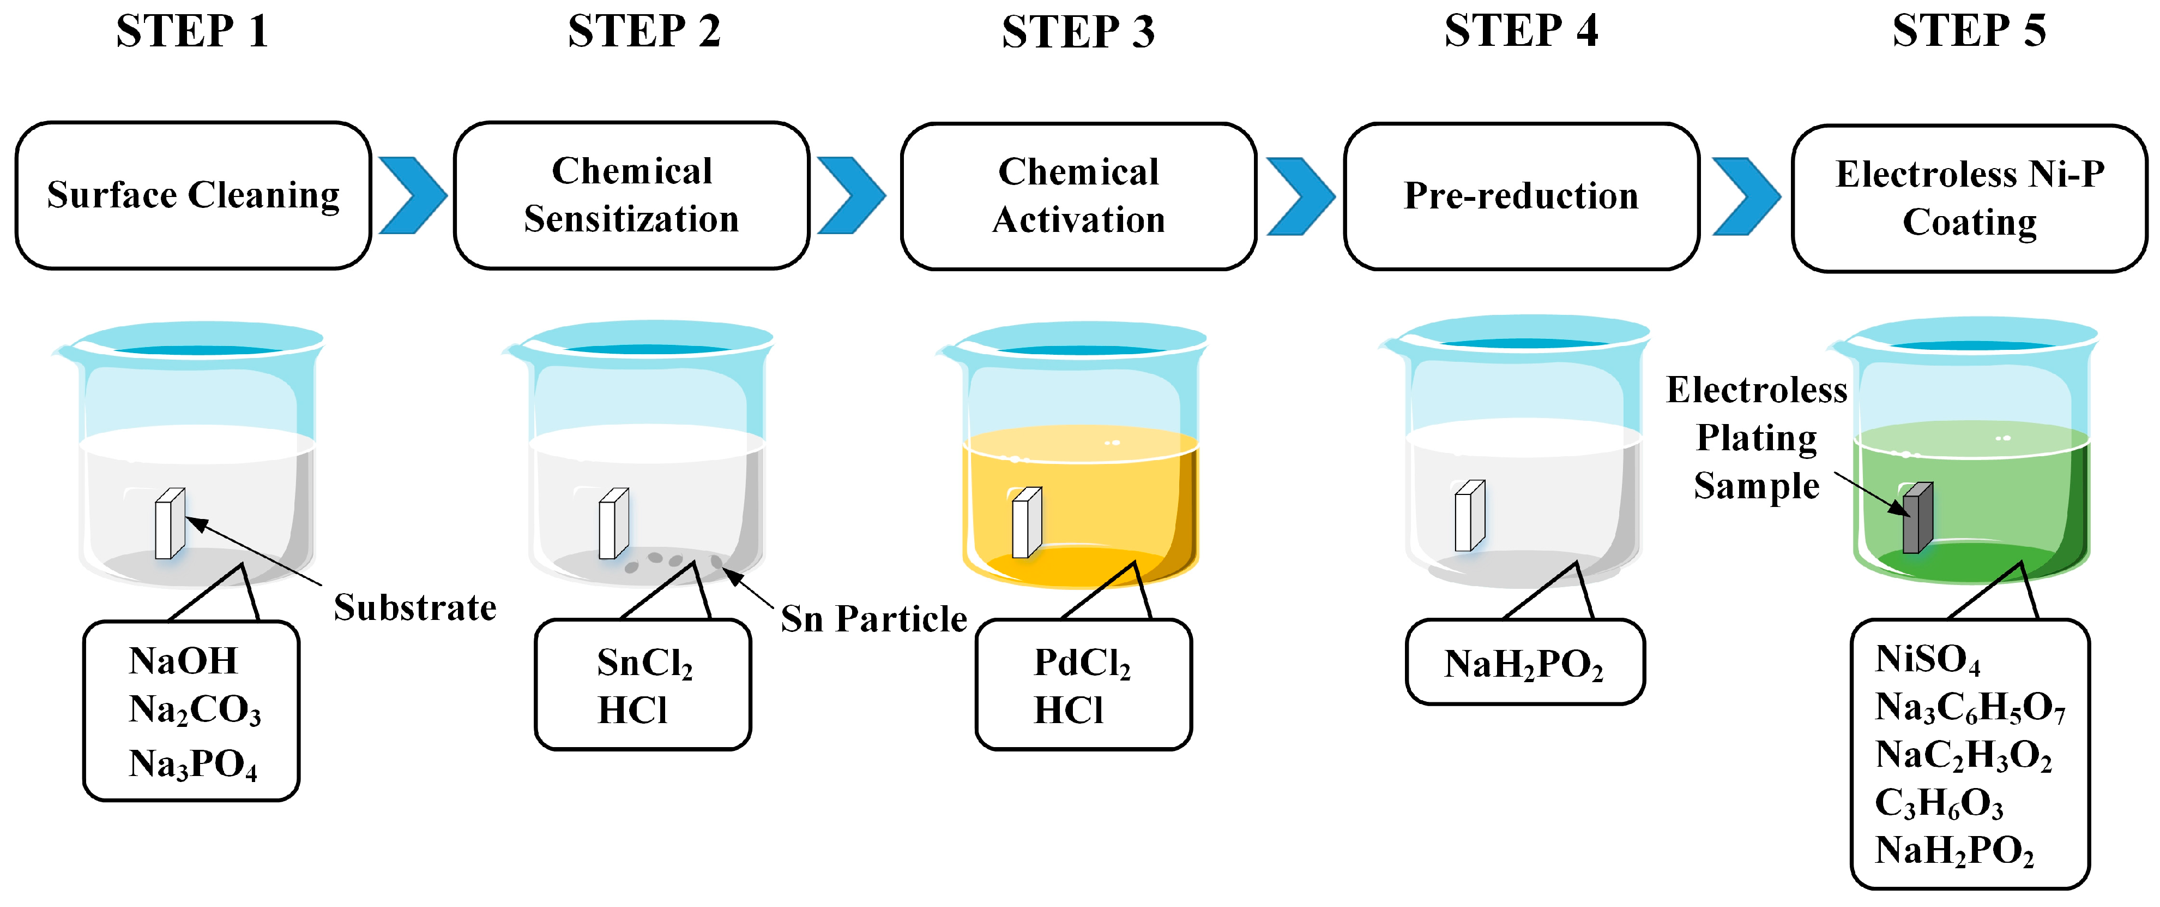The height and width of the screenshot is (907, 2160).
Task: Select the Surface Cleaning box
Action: pos(193,195)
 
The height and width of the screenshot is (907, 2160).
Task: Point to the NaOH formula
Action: pos(183,661)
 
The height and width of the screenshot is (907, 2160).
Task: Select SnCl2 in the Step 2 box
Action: pos(644,664)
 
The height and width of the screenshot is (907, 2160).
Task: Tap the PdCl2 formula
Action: pos(1082,664)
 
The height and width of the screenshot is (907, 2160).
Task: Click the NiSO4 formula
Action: pos(1927,659)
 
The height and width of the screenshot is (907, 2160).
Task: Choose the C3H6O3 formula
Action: pos(1939,804)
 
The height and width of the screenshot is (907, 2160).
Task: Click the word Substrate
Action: pos(415,607)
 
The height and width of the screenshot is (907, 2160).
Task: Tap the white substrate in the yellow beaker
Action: pos(1027,523)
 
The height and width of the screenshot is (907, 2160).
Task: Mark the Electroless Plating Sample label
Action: pos(1756,438)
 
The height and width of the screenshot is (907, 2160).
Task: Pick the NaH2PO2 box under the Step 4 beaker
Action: pos(1524,664)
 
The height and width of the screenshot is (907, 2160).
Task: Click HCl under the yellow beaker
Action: pos(1067,711)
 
